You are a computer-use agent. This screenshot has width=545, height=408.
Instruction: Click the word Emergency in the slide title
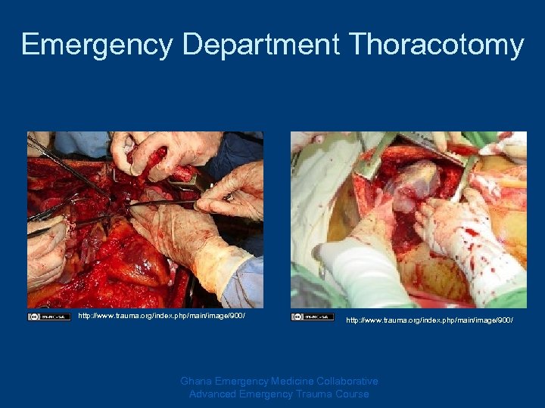coord(98,45)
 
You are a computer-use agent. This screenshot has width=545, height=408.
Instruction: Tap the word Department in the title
coord(261,45)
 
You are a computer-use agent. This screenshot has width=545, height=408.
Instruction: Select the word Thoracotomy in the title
coord(437,45)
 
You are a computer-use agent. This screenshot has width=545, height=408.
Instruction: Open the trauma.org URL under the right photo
coord(429,321)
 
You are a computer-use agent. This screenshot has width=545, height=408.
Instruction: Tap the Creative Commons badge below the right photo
coord(312,317)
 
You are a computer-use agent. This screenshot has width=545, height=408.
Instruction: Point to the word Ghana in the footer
coord(197,382)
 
